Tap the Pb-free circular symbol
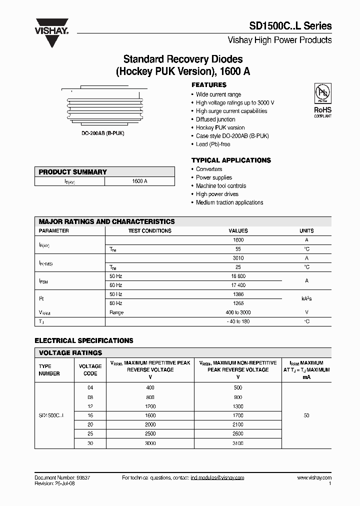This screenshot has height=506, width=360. click(x=321, y=93)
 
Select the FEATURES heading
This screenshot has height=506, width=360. click(x=208, y=85)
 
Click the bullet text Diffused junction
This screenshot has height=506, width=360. click(x=215, y=119)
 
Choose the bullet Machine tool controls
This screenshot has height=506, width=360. click(x=221, y=186)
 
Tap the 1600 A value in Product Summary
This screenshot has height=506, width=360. click(x=139, y=181)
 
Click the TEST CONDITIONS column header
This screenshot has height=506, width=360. click(x=149, y=231)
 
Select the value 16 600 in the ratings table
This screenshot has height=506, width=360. click(x=238, y=276)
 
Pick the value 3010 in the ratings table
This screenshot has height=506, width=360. click(x=238, y=258)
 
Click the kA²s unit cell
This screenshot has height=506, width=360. click(x=306, y=299)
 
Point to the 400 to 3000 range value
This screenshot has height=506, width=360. click(x=238, y=312)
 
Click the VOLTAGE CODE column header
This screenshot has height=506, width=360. click(x=90, y=370)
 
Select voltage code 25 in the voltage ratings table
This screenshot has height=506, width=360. click(x=90, y=434)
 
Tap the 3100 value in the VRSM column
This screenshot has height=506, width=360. click(x=238, y=443)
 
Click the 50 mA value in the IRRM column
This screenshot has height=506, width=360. click(x=306, y=415)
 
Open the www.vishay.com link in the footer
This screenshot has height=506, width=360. click(x=314, y=478)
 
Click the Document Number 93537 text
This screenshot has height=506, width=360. click(x=62, y=478)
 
